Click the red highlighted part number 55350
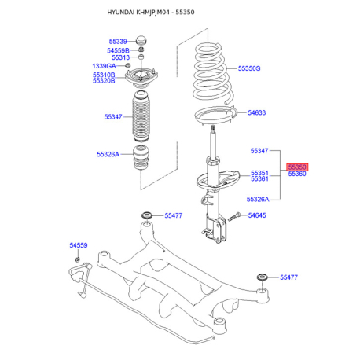point(297,167)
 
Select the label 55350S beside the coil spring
point(249,68)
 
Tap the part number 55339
point(118,42)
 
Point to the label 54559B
point(118,50)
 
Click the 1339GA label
point(104,66)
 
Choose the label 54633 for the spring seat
point(257,112)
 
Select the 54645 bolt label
point(257,215)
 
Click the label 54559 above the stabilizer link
point(79,245)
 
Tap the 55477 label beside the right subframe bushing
point(288,277)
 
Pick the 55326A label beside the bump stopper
point(108,154)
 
